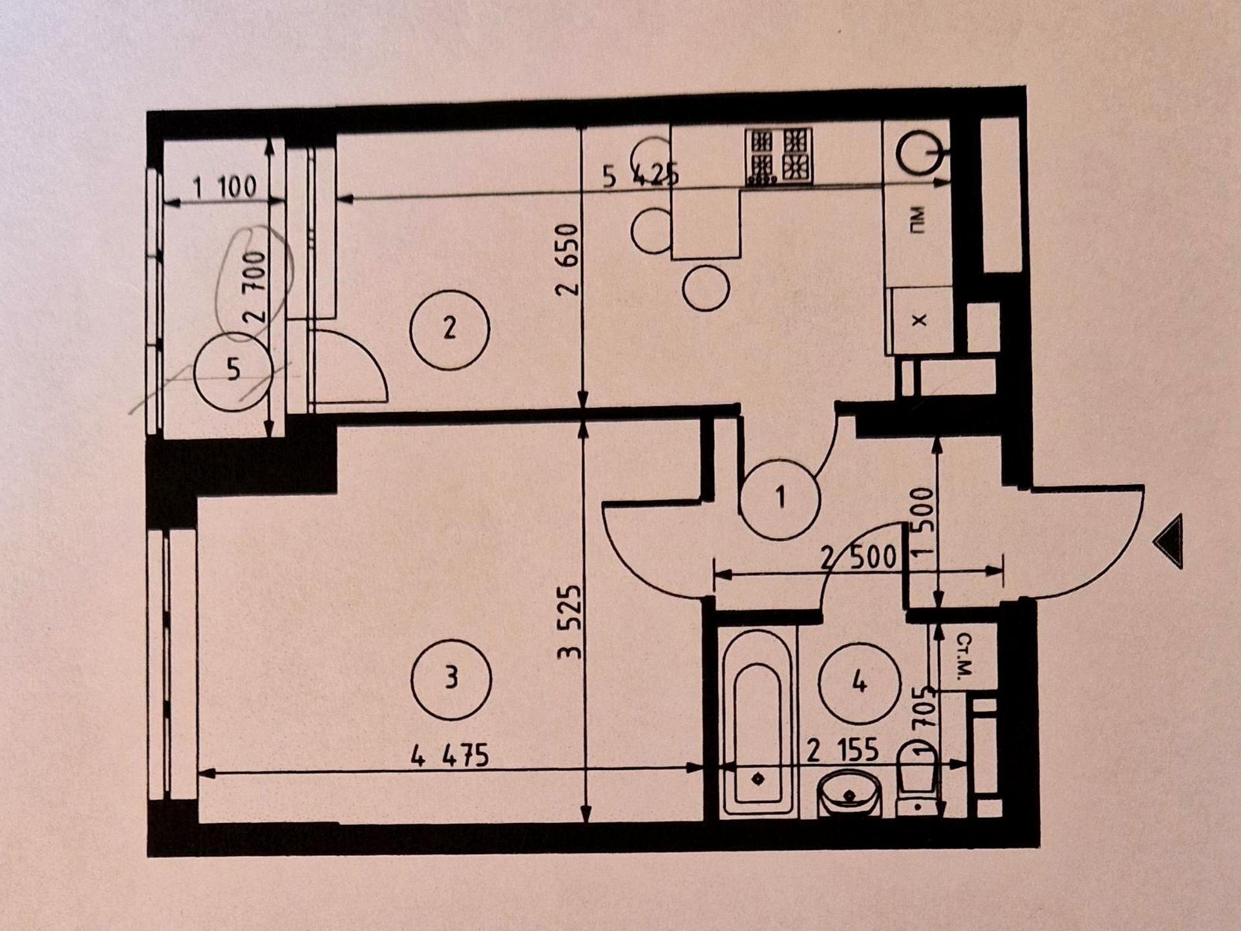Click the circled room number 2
click(x=450, y=329)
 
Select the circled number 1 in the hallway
click(x=780, y=498)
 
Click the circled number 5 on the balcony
click(x=233, y=370)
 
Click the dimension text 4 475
click(x=450, y=756)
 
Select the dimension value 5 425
click(x=641, y=175)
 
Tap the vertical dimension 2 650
click(x=567, y=259)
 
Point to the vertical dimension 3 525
click(x=569, y=622)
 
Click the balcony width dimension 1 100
click(x=225, y=187)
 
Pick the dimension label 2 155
click(x=843, y=751)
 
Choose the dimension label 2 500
click(x=859, y=557)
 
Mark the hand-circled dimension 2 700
click(x=255, y=287)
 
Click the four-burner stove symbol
click(x=779, y=156)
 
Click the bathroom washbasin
click(x=849, y=793)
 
